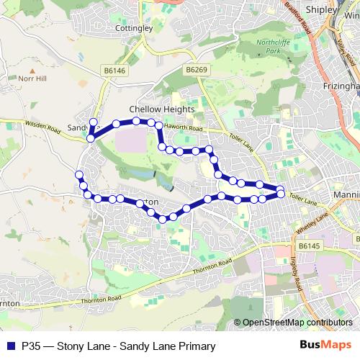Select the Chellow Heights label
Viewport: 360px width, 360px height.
pos(162,109)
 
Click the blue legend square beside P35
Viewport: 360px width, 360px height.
pos(11,345)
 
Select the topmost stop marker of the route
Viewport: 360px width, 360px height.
pos(93,121)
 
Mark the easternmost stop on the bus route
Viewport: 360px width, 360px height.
pos(281,190)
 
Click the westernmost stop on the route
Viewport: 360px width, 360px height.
pos(79,174)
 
